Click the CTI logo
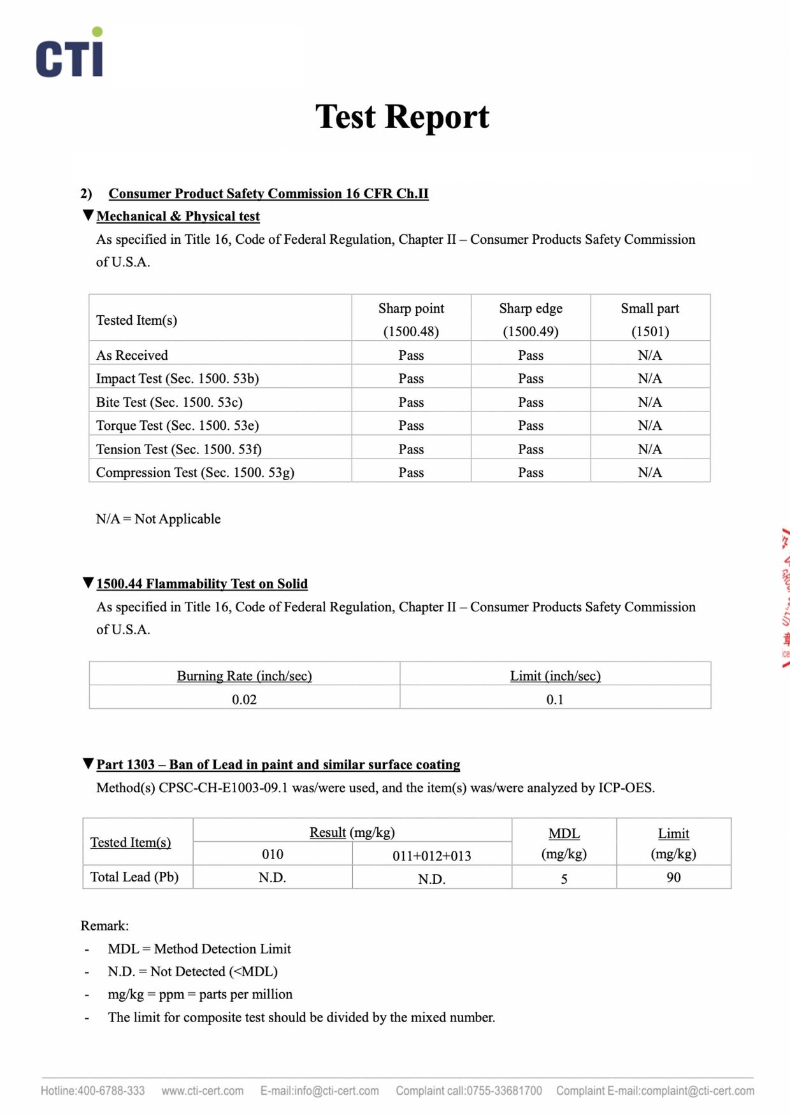(x=69, y=53)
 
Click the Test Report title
(x=402, y=117)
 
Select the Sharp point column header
(x=411, y=318)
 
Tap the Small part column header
(x=650, y=318)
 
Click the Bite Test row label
(x=169, y=402)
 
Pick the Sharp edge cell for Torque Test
(x=531, y=425)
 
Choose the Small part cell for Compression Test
(x=650, y=473)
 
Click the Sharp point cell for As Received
(x=411, y=355)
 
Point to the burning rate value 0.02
(x=244, y=699)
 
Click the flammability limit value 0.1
(x=555, y=699)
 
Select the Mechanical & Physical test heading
(x=178, y=217)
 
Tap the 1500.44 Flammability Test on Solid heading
(x=201, y=584)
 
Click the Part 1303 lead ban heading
(x=278, y=765)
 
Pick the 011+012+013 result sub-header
(x=432, y=856)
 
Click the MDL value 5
(x=564, y=879)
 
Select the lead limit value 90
(x=673, y=878)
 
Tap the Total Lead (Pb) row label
(x=134, y=877)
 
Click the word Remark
(x=104, y=926)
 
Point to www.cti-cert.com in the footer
(x=203, y=1091)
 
